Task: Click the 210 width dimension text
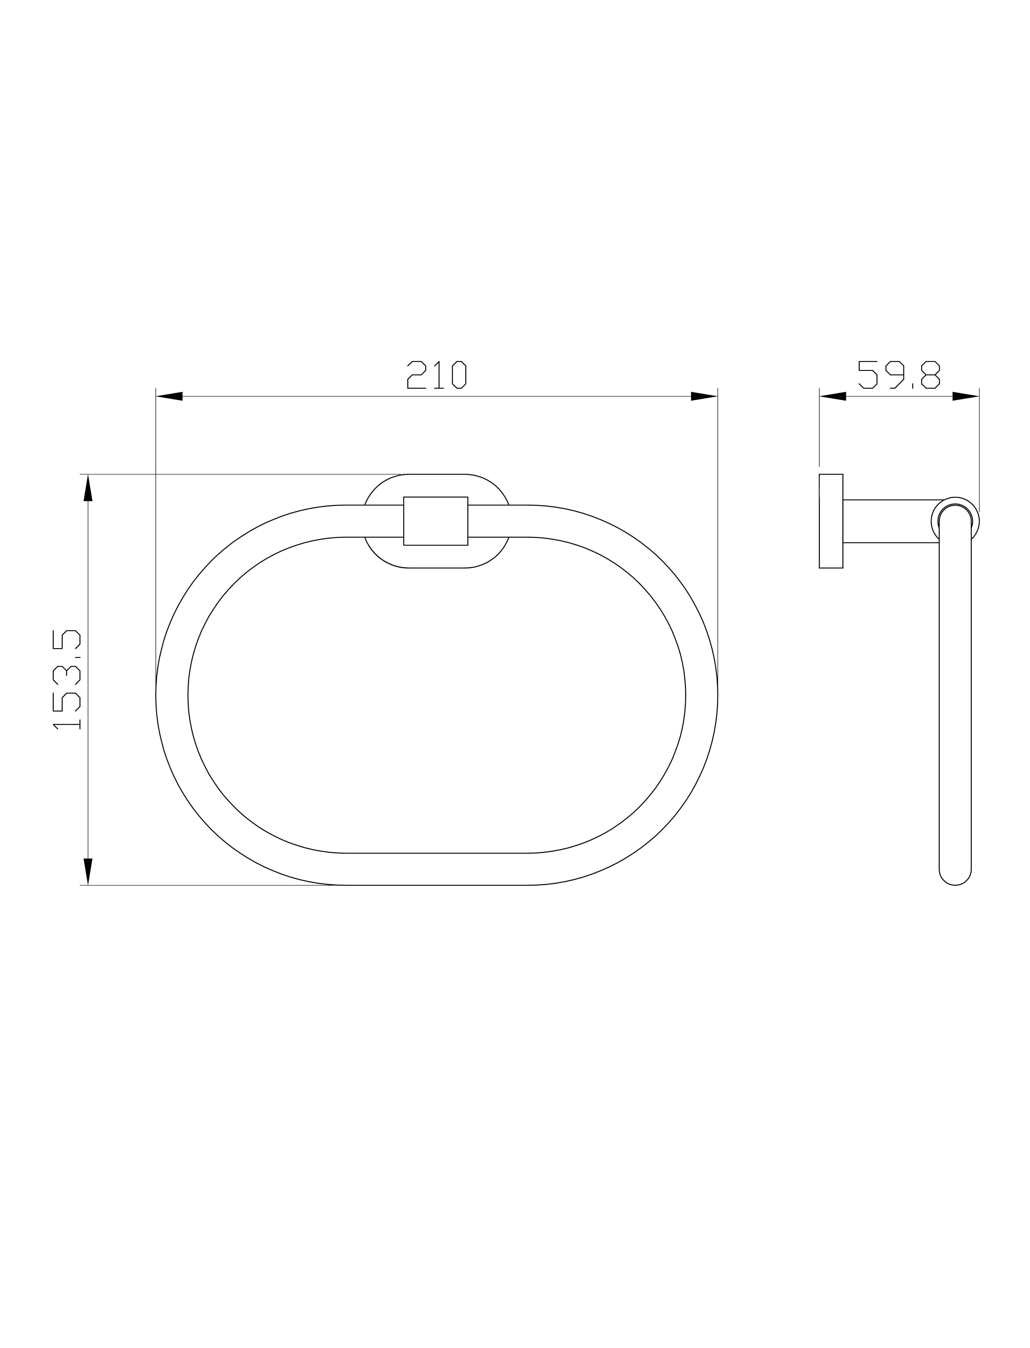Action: click(x=436, y=375)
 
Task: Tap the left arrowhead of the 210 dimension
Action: click(x=169, y=396)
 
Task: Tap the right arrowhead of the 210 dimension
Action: click(x=704, y=396)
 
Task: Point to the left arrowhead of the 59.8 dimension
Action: click(x=833, y=396)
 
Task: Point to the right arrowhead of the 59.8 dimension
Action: click(x=966, y=396)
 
